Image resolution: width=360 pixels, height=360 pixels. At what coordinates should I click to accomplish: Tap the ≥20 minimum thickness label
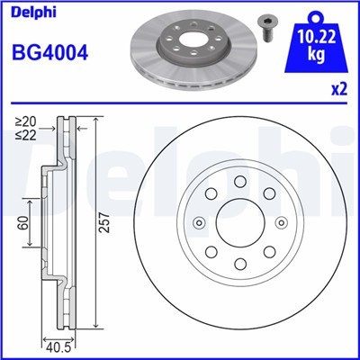[25, 121]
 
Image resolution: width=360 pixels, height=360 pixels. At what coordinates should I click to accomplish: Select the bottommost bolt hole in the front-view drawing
[240, 264]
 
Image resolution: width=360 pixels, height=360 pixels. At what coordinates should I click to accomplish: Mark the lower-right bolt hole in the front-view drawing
[269, 252]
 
